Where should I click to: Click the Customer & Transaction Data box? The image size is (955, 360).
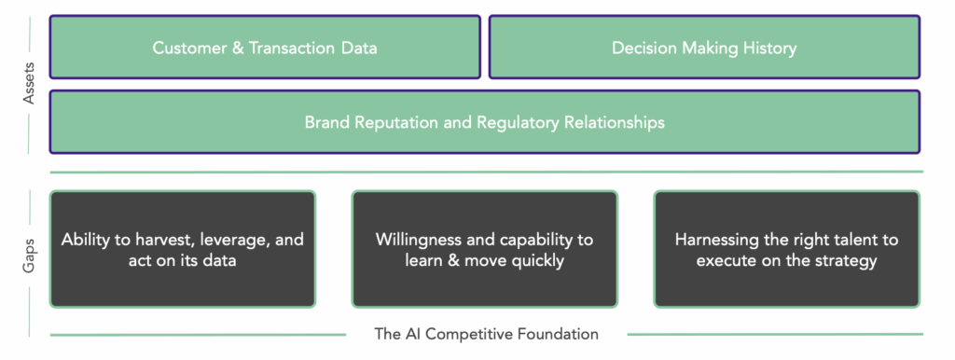(265, 48)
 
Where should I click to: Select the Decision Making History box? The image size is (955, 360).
(704, 48)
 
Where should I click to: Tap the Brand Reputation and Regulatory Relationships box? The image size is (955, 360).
(485, 122)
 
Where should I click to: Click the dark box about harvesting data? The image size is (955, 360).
(183, 249)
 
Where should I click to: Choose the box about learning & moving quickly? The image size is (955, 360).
(485, 249)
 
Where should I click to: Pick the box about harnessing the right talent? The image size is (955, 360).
(786, 249)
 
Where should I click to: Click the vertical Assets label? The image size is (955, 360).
(29, 82)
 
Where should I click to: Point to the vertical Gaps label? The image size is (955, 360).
(29, 255)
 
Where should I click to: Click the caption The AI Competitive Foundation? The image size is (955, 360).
(487, 334)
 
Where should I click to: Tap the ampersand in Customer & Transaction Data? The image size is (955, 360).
(238, 48)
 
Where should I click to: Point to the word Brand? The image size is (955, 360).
(325, 122)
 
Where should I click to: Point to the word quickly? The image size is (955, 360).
(538, 261)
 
